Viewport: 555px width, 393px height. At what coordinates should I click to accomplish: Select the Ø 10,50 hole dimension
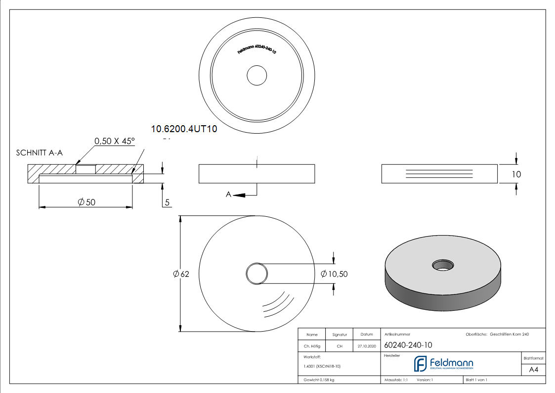334,274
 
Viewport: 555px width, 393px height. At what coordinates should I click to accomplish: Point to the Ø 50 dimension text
86,202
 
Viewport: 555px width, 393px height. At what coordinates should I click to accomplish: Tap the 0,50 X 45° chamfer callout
115,141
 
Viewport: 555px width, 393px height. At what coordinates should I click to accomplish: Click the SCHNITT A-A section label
40,153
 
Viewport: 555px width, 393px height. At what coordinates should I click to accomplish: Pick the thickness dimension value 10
516,174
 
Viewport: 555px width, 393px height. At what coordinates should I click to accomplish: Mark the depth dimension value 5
168,202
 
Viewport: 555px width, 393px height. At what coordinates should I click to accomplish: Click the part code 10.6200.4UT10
184,129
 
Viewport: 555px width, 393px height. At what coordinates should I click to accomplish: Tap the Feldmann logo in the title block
443,364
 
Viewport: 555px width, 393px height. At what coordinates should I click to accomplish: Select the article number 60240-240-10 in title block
408,345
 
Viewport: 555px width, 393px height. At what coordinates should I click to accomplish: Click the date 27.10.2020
366,346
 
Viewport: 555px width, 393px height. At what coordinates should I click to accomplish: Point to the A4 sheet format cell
534,370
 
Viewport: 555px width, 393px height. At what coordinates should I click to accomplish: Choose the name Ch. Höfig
311,346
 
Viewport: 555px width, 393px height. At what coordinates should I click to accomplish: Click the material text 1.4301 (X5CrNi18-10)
322,366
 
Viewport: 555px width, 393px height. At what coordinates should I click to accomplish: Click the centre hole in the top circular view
256,76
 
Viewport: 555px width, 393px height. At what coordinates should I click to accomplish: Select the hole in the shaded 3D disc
442,264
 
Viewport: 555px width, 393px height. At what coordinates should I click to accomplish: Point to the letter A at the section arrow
229,195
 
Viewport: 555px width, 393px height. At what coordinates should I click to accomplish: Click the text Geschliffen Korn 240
509,335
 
